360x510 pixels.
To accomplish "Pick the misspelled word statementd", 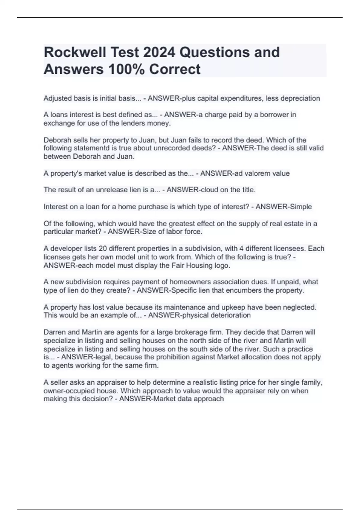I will (85, 148).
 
